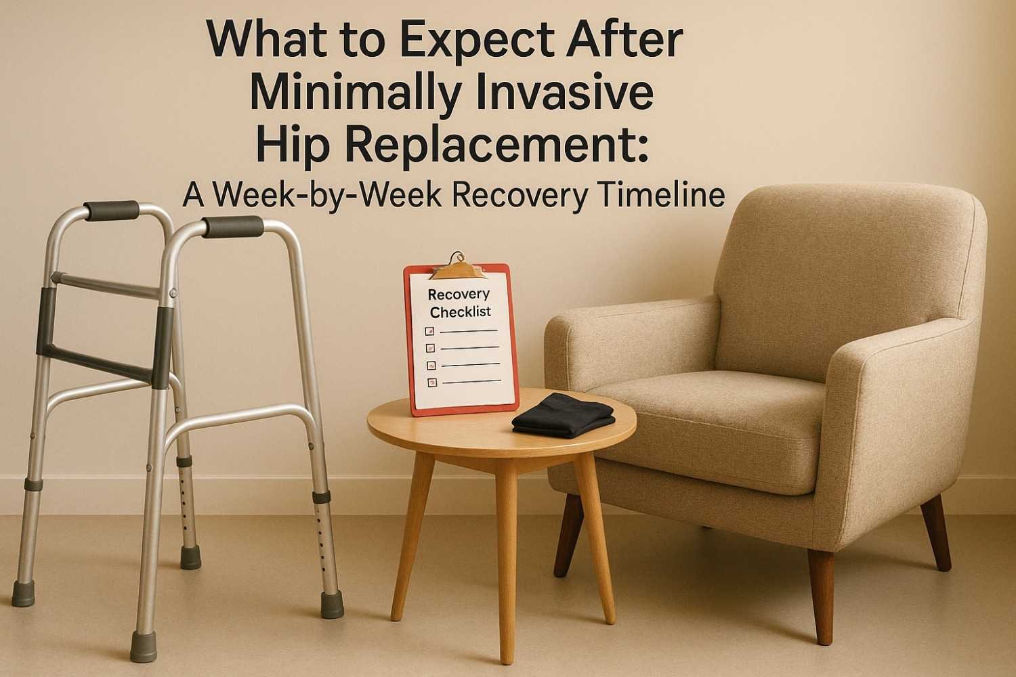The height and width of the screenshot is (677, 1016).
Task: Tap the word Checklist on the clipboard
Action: point(461,312)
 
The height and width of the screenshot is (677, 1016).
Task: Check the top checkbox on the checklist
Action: point(428,331)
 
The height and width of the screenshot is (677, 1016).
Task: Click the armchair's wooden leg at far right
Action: point(937,531)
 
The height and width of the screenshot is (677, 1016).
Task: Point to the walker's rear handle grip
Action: point(112,211)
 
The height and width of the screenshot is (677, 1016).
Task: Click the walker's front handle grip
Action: point(233,227)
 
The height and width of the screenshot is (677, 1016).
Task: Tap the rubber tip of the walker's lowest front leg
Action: point(144,647)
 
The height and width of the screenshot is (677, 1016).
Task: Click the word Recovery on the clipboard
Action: point(459,294)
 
